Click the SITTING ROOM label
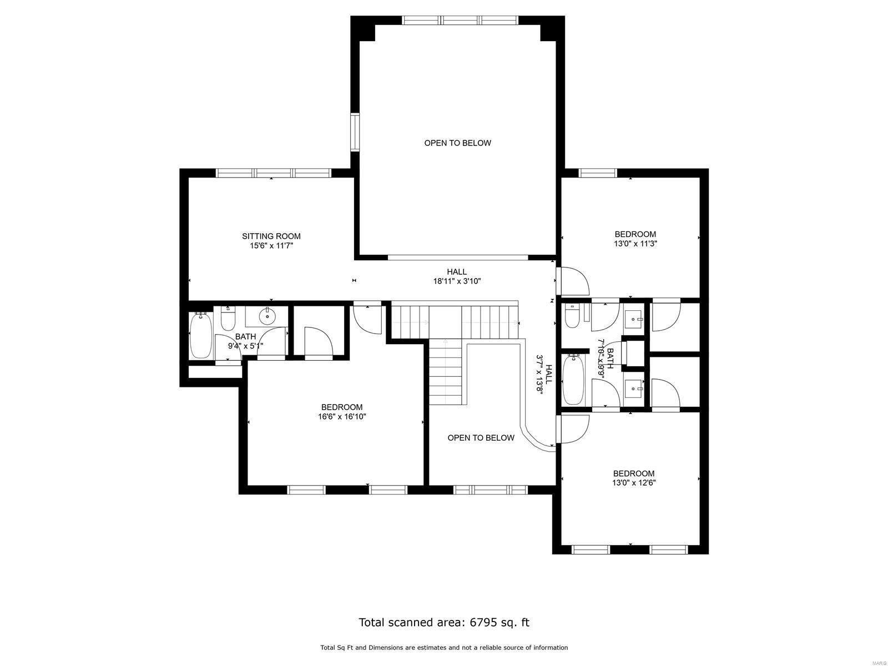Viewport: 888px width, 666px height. tap(271, 236)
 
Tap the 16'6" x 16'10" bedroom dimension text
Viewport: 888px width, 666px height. tap(342, 416)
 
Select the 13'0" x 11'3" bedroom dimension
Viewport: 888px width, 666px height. tap(635, 243)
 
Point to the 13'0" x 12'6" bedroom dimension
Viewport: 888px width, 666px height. tap(634, 482)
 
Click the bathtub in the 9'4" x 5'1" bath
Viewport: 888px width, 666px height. tap(200, 336)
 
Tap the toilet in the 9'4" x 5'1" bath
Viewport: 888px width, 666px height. tap(228, 319)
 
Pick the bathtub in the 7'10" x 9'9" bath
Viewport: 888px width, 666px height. tap(573, 380)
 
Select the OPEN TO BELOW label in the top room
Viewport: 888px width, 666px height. tap(457, 143)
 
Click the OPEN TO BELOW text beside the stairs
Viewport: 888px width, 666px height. tap(481, 438)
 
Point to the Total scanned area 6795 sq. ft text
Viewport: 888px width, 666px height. tap(444, 622)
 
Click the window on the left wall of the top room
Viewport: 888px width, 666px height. tap(354, 132)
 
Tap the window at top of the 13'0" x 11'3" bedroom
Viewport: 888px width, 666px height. tap(598, 173)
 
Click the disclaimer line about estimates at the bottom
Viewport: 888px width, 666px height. tap(444, 648)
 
